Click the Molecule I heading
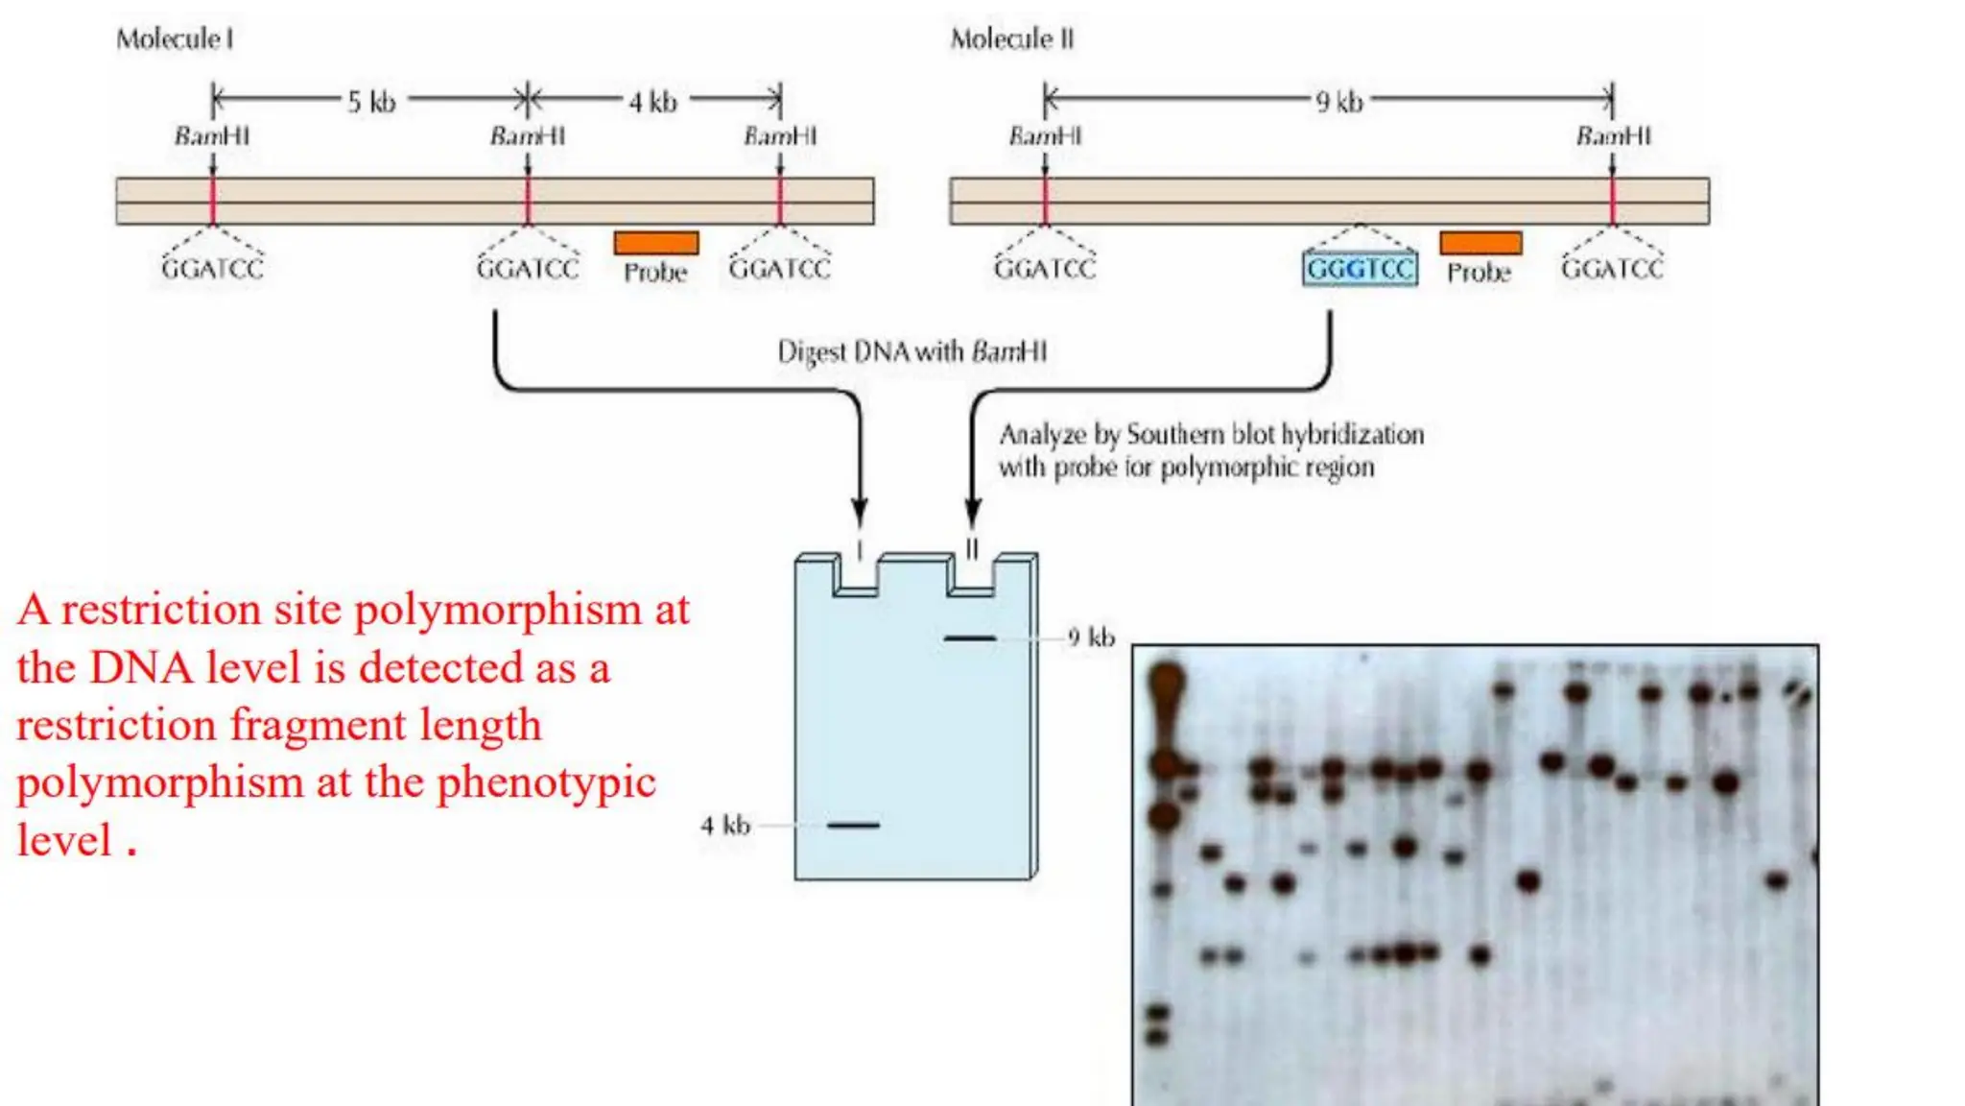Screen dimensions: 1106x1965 pyautogui.click(x=175, y=39)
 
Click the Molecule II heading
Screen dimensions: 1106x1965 pyautogui.click(x=1012, y=39)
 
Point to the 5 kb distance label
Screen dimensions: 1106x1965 pyautogui.click(x=371, y=102)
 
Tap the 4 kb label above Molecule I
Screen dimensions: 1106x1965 pyautogui.click(x=652, y=102)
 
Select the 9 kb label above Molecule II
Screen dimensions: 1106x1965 pyautogui.click(x=1338, y=102)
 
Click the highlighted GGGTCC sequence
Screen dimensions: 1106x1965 pyautogui.click(x=1360, y=269)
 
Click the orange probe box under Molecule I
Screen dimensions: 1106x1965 pyautogui.click(x=656, y=243)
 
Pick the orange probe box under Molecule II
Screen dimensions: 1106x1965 pyautogui.click(x=1480, y=243)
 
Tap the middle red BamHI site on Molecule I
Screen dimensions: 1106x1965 pyautogui.click(x=528, y=201)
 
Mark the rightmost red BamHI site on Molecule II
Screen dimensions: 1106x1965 pyautogui.click(x=1613, y=201)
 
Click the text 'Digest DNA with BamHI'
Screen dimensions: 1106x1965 pyautogui.click(x=911, y=352)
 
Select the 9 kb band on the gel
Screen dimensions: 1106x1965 pyautogui.click(x=970, y=638)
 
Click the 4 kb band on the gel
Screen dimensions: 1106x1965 pyautogui.click(x=853, y=825)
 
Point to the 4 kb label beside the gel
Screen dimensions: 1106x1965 pyautogui.click(x=725, y=826)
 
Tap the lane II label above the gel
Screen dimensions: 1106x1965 pyautogui.click(x=972, y=549)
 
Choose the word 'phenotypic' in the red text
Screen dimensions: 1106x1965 pyautogui.click(x=546, y=783)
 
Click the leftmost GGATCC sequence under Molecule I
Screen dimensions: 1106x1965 pyautogui.click(x=212, y=269)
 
